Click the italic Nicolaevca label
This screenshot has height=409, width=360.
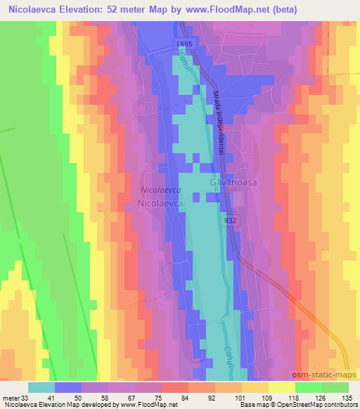[161, 190]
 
